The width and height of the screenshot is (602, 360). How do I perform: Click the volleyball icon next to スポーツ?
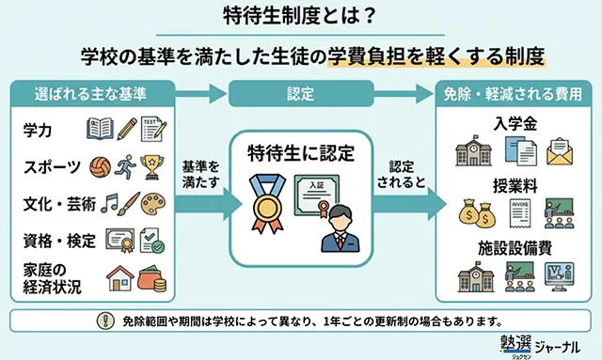tap(101, 167)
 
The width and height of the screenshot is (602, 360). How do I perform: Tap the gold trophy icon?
tap(151, 167)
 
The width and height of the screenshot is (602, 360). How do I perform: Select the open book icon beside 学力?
tap(100, 129)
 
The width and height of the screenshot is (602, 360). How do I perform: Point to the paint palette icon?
tap(153, 204)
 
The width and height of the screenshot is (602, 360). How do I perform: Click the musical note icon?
tap(109, 203)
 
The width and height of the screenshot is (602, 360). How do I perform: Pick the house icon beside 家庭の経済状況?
tap(120, 278)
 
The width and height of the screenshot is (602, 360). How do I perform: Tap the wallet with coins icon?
tap(152, 279)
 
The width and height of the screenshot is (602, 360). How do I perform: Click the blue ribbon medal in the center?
tap(267, 204)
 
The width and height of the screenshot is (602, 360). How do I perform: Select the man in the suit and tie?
tap(340, 229)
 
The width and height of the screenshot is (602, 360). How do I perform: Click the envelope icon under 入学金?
tap(560, 151)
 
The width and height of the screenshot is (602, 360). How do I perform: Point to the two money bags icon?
tap(477, 213)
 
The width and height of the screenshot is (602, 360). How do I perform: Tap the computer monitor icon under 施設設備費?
tap(560, 276)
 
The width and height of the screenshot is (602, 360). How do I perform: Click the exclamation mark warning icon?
tap(105, 321)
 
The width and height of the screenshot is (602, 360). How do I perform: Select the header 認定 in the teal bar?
tap(301, 94)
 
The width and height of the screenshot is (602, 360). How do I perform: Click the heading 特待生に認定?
tap(301, 153)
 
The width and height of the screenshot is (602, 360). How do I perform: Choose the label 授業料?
tap(515, 186)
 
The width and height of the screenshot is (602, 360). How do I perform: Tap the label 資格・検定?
tap(59, 241)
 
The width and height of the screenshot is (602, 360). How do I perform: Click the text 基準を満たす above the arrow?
tap(200, 174)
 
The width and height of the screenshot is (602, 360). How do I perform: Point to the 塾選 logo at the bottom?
tap(516, 344)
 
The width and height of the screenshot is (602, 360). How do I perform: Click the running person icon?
tap(125, 167)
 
